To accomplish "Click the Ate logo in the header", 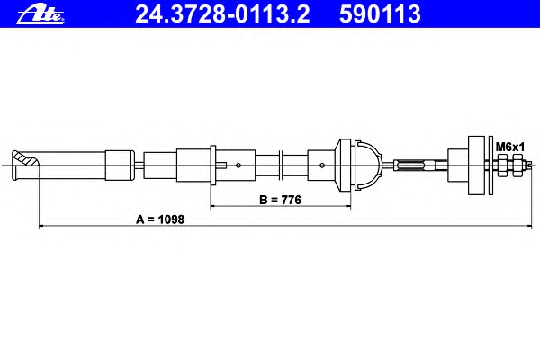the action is pos(40,14).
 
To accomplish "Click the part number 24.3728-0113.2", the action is pos(222,14).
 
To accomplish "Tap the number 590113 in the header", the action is pos(380,14).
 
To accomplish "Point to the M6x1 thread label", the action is pos(510,147).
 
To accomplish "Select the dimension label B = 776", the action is pos(280,200).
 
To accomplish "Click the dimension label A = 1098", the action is pos(160,220).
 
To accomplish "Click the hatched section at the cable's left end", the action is pos(25,159).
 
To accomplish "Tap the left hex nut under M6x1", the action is pos(502,166).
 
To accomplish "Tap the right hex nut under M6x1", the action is pos(517,166).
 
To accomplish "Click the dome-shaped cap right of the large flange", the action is pos(368,166).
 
